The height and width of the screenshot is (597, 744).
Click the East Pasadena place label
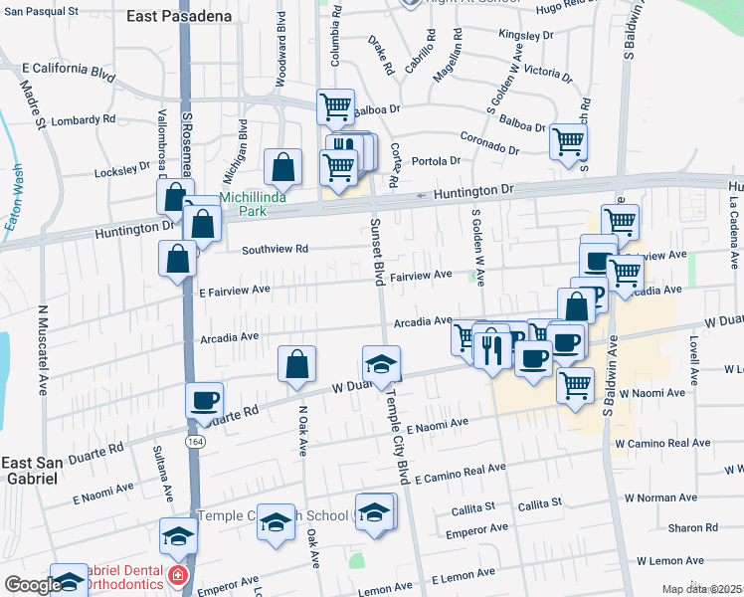tap(179, 17)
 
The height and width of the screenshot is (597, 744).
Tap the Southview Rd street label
tap(274, 249)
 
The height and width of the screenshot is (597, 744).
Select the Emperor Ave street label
tap(470, 533)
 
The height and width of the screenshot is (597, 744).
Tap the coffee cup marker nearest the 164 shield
tap(204, 399)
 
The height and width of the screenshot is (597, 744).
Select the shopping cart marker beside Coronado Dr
tap(568, 140)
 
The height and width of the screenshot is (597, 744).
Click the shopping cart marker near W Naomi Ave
tap(575, 384)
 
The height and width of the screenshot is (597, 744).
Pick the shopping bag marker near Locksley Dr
tap(283, 168)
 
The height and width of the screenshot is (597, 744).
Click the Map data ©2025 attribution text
tap(702, 589)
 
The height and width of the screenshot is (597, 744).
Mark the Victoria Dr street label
tap(547, 72)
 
